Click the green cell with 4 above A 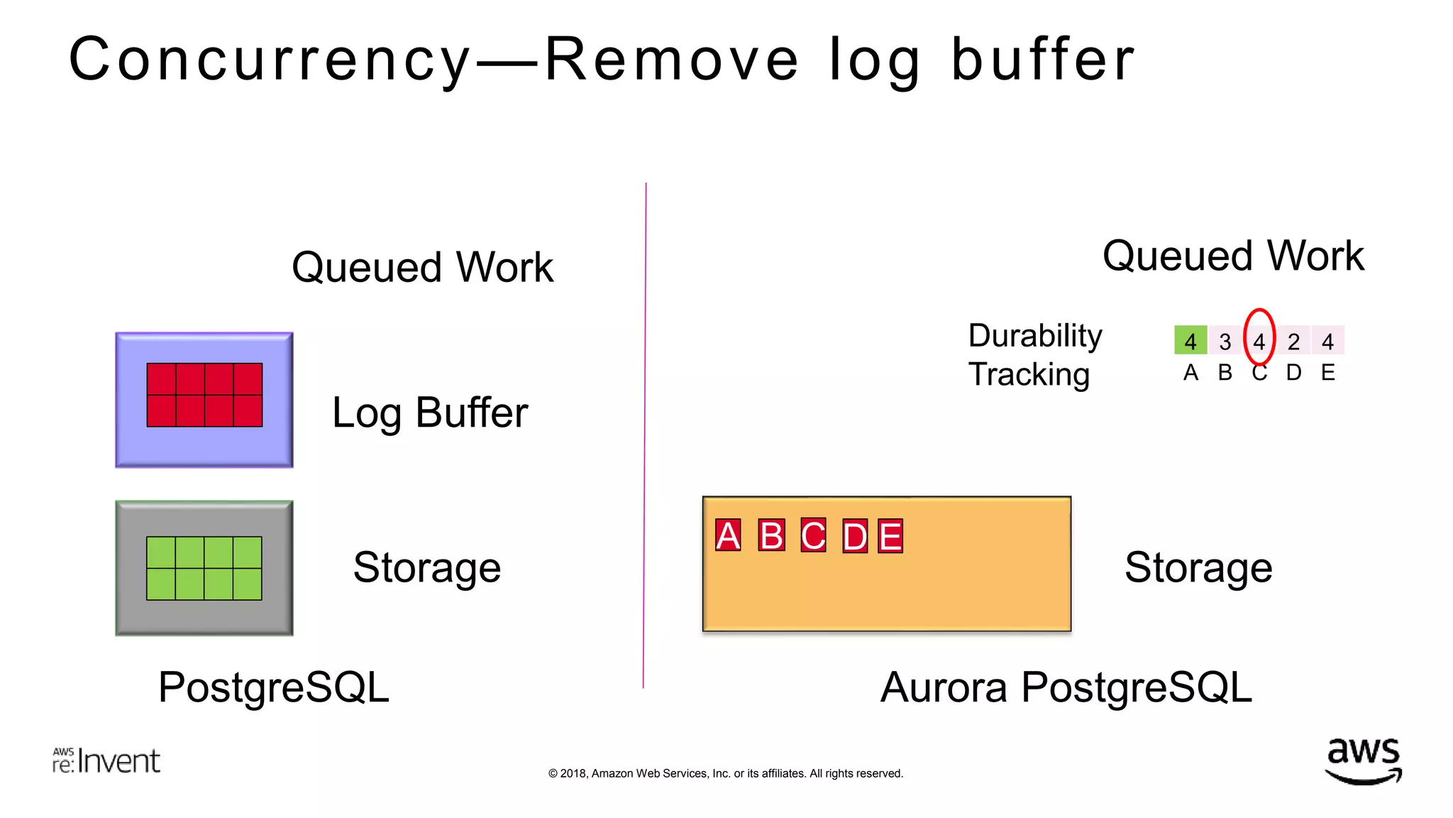click(x=1190, y=341)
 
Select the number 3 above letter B click(x=1225, y=342)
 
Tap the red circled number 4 click(x=1259, y=341)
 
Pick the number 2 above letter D click(x=1293, y=342)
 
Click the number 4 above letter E click(x=1327, y=342)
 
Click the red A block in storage click(x=728, y=535)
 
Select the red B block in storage click(x=771, y=535)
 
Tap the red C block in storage click(x=813, y=535)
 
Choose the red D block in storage click(x=855, y=536)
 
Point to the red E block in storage click(x=890, y=536)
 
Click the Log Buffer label click(x=430, y=413)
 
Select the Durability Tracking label click(x=1034, y=354)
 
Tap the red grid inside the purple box click(x=204, y=395)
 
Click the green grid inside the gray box click(x=204, y=568)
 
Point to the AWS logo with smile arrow click(x=1363, y=760)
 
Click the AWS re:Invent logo click(x=106, y=760)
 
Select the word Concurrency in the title click(x=270, y=60)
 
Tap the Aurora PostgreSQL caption click(x=1066, y=687)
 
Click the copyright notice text click(x=725, y=773)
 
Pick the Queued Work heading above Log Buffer click(x=422, y=267)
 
